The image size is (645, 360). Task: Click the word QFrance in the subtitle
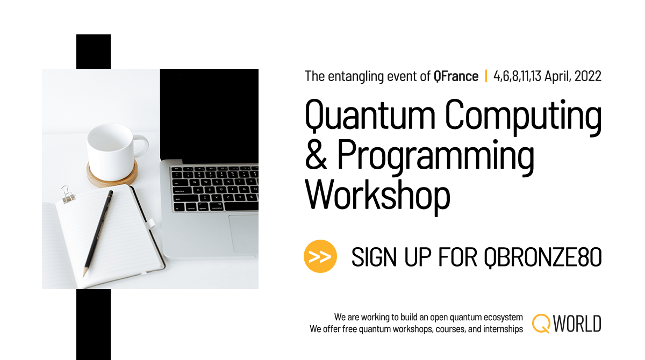456,76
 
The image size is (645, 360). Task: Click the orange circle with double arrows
320,256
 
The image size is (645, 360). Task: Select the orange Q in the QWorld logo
541,323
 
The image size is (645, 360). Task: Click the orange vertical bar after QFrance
486,76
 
